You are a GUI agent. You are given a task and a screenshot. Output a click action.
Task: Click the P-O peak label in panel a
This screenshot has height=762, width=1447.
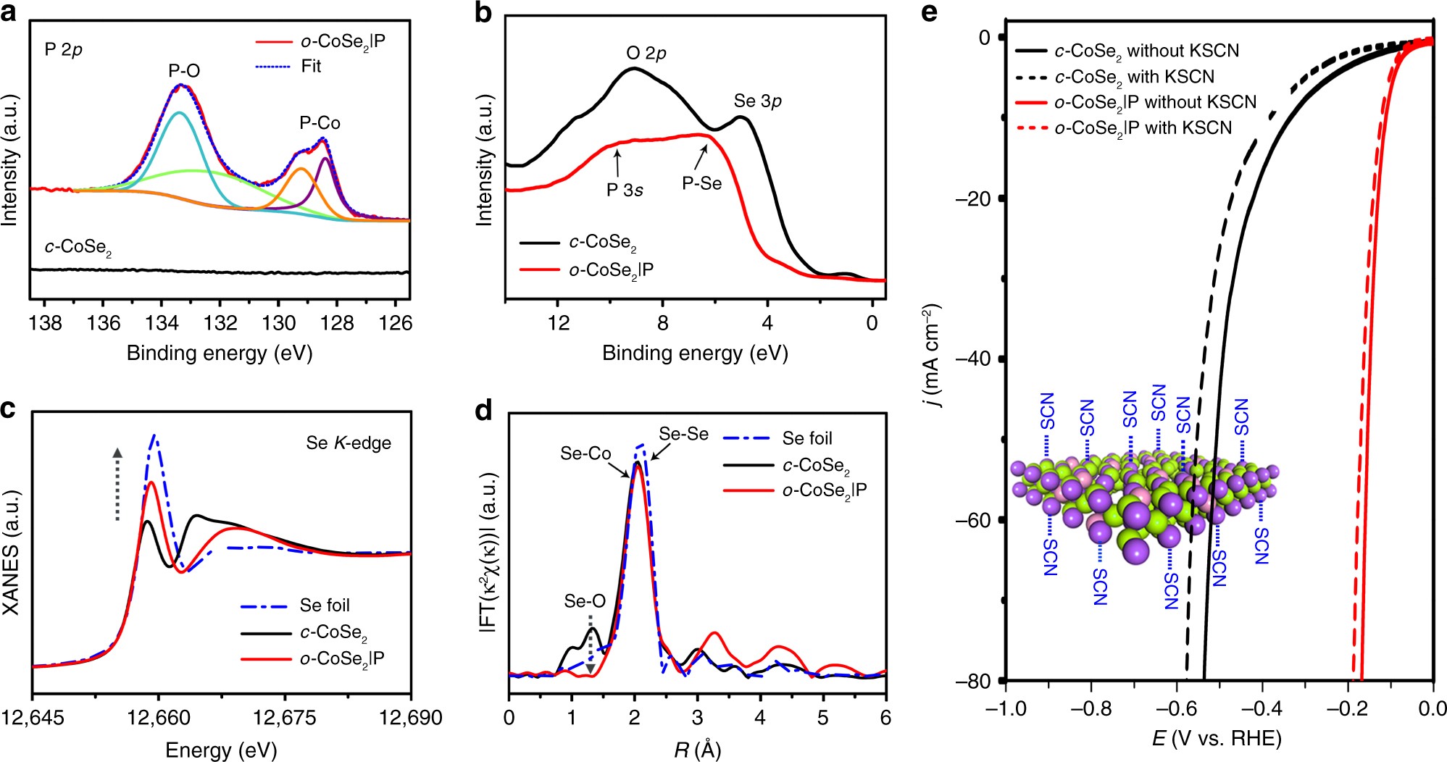pos(184,71)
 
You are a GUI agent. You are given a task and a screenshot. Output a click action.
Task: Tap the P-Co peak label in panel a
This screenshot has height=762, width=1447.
pos(320,123)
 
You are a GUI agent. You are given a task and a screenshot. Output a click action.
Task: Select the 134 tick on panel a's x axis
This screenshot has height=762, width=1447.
pos(161,322)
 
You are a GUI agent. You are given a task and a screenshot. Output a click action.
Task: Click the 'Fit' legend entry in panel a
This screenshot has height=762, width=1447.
pos(311,67)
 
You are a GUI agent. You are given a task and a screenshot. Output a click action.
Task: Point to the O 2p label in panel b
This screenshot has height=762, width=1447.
pos(646,53)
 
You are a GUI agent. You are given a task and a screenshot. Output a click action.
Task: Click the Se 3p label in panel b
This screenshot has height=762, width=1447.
pos(757,101)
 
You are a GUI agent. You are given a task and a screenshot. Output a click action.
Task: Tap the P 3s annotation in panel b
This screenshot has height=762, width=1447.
pos(625,190)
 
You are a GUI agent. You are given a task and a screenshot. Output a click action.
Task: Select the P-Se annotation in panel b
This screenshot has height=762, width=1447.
pos(701,184)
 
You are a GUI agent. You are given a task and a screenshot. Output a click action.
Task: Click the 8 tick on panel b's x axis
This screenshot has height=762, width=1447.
pos(662,322)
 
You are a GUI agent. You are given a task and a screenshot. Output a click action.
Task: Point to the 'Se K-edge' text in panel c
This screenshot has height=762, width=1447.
pos(349,443)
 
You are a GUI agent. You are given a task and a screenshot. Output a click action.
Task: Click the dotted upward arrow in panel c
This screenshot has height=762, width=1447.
pos(117,484)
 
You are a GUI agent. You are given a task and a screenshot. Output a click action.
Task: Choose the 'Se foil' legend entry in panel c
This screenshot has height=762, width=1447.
pos(325,606)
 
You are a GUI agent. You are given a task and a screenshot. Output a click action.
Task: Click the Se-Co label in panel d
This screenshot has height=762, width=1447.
pos(585,454)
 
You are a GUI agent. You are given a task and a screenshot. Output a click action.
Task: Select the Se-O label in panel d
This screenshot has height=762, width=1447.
pos(585,601)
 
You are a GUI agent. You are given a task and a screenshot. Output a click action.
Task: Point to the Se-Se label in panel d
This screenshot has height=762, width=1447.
pos(683,435)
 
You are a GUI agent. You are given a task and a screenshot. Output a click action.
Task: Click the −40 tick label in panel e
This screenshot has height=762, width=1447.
pos(974,359)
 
